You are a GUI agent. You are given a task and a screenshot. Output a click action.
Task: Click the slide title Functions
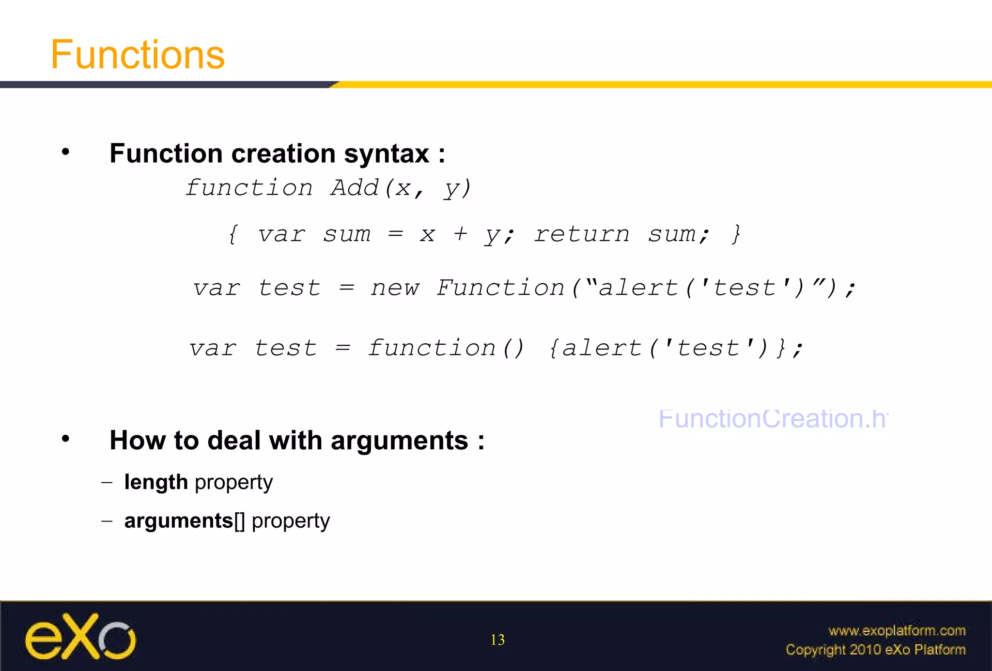coord(138,55)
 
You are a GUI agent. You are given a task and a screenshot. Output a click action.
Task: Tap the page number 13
coord(497,640)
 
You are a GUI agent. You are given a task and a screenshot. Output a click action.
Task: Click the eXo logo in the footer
coord(80,637)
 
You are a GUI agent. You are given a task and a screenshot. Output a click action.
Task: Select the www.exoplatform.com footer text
coord(897,631)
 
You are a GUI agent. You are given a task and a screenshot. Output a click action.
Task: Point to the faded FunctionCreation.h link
coord(773,419)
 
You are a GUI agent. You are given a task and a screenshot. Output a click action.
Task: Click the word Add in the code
coord(355,188)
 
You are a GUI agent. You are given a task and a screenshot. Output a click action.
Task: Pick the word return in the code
coord(582,234)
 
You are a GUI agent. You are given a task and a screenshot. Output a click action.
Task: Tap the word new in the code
coord(395,288)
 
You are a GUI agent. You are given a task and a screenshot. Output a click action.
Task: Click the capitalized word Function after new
coord(500,288)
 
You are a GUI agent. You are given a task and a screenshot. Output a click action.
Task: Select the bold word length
coord(156,482)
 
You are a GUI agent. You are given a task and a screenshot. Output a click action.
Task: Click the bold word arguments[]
coord(185,521)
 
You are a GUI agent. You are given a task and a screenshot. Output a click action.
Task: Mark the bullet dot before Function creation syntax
coord(65,152)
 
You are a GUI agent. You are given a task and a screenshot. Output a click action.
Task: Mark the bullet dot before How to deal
coord(65,439)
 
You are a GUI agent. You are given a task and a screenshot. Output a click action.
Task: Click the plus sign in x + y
coord(461,234)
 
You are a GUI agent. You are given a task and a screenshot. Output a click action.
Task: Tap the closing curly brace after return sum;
coord(736,234)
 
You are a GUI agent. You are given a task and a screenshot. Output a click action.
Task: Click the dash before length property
coord(107,482)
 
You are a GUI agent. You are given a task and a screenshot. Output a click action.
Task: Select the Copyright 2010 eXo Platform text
coord(875,650)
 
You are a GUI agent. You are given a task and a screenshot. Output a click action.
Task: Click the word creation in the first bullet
coord(283,154)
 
